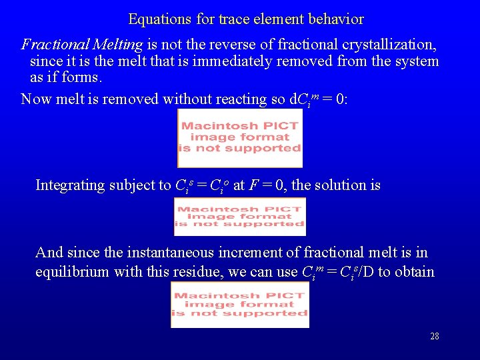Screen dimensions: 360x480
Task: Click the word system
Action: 416,61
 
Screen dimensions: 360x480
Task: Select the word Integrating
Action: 69,185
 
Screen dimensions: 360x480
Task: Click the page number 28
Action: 434,336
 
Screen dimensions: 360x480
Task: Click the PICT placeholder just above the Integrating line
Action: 240,138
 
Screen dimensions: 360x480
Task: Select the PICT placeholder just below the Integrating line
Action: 239,217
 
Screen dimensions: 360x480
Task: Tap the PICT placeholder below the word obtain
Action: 240,305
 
